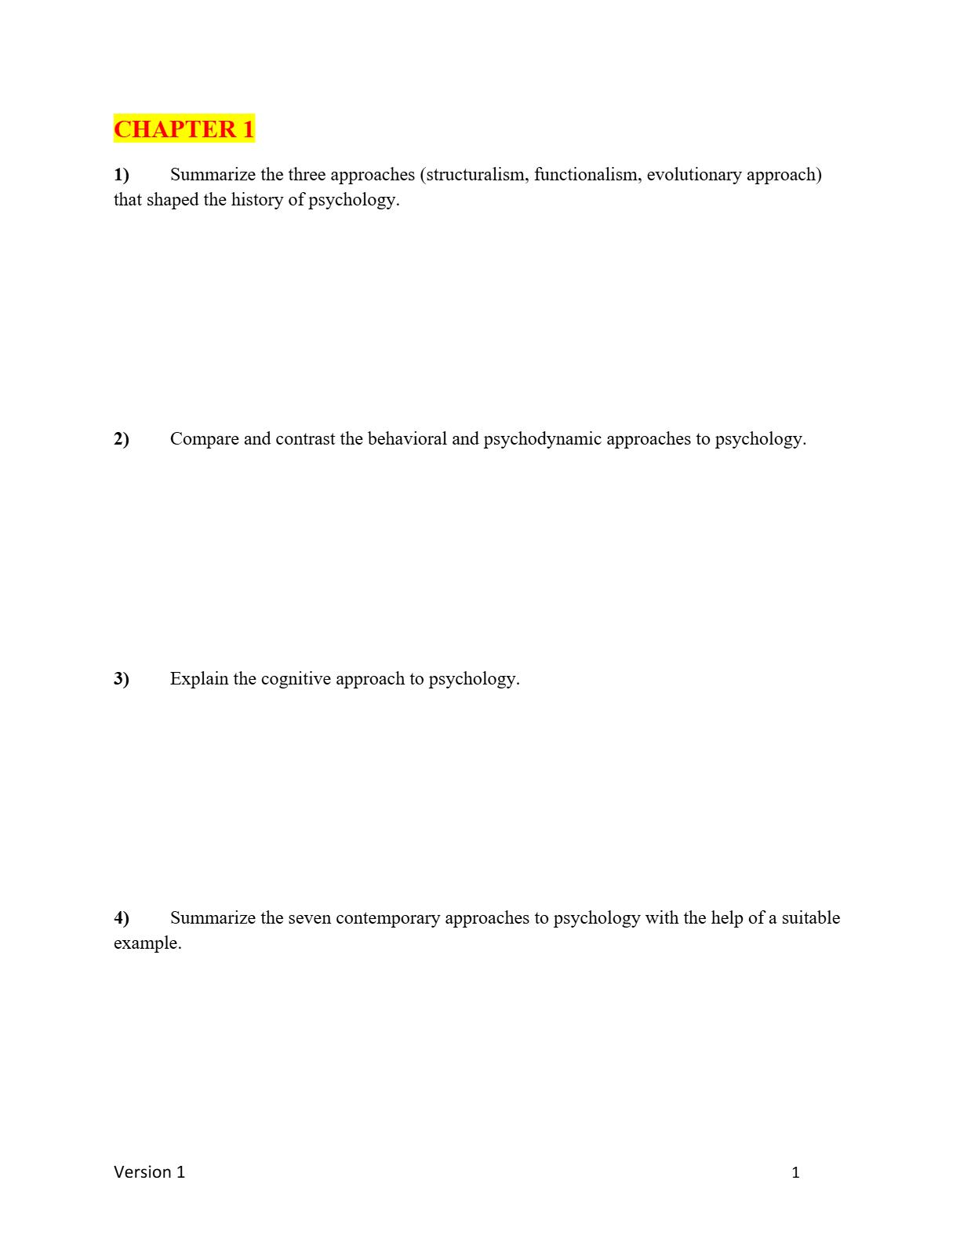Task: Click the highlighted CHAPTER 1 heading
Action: (184, 129)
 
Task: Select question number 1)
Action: (122, 174)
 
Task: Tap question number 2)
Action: (122, 438)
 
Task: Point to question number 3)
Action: (122, 678)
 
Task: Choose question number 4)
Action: (122, 917)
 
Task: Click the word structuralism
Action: (478, 174)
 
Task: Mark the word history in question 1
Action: (256, 199)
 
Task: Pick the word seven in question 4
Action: (309, 917)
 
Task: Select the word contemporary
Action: (387, 917)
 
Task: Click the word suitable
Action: (810, 917)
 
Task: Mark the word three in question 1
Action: (307, 174)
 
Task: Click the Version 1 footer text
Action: (149, 1171)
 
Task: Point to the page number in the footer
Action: (795, 1172)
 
